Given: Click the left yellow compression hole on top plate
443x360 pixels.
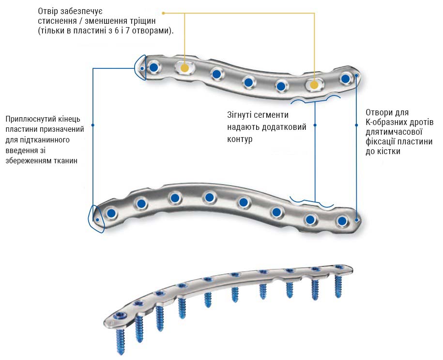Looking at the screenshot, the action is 184,68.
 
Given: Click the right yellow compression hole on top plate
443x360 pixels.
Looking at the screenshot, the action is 314,85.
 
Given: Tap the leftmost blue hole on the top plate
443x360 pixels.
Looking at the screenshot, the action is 153,67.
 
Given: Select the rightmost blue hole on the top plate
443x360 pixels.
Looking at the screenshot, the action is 346,79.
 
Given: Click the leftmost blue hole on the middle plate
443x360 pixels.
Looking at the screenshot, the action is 111,213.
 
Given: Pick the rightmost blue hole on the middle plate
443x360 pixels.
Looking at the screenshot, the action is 342,220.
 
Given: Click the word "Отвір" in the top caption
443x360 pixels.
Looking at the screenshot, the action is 47,12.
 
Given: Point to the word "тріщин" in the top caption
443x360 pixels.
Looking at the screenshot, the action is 143,21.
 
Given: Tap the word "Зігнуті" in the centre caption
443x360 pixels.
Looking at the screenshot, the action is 239,115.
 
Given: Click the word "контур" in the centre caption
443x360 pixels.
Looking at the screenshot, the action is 240,139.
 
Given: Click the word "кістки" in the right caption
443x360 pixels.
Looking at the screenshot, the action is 387,151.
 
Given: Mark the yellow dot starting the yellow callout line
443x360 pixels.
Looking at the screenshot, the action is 163,13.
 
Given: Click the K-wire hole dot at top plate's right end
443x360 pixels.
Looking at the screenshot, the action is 356,76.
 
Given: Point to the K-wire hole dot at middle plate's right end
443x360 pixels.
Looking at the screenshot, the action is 356,220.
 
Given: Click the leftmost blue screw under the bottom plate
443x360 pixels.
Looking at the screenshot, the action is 121,341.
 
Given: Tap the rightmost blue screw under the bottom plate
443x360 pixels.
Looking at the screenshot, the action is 338,286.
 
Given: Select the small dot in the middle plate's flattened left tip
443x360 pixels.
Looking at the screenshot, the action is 97,220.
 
